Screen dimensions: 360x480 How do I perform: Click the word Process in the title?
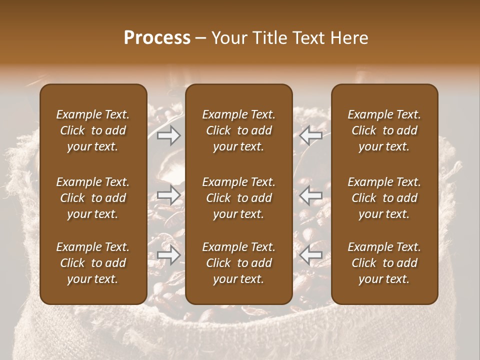click(x=157, y=38)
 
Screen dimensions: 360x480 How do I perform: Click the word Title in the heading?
click(x=270, y=38)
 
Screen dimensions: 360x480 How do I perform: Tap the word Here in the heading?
click(x=349, y=38)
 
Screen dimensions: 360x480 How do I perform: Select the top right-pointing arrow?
click(x=168, y=135)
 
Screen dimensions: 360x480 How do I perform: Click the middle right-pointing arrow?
click(x=168, y=195)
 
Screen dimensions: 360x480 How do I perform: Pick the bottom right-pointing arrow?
click(x=168, y=255)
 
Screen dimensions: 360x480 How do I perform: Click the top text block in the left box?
click(x=93, y=130)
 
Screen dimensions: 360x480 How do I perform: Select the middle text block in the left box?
click(x=93, y=198)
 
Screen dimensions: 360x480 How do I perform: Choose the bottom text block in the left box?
click(x=93, y=263)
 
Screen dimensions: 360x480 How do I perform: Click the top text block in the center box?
click(x=238, y=130)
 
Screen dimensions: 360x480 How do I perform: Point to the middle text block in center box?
click(x=238, y=198)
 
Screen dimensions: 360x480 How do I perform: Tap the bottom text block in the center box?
click(x=238, y=263)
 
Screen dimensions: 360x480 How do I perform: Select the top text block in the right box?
click(x=384, y=130)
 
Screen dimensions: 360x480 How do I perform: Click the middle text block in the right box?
click(x=384, y=198)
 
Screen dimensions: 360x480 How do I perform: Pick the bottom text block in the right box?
click(x=384, y=263)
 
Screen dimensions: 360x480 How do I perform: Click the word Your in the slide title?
click(x=229, y=38)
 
